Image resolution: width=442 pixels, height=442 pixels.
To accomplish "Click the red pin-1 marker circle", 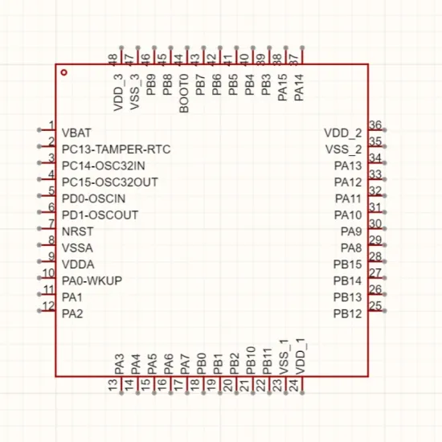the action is click(64, 72).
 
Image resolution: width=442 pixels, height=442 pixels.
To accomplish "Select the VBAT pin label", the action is click(76, 133).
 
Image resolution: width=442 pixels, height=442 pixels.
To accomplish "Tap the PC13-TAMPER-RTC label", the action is click(117, 149).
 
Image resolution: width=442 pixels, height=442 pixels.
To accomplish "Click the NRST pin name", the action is click(77, 231).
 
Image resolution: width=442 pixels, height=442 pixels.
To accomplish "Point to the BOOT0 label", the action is click(184, 93).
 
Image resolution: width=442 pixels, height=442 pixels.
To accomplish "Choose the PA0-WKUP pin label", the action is click(92, 280).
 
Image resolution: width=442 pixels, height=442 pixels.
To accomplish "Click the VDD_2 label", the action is click(343, 133).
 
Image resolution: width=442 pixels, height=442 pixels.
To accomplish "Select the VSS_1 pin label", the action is click(284, 357).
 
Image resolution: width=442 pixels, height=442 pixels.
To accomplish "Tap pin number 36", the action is click(375, 125).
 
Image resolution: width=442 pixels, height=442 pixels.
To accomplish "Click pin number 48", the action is click(113, 60).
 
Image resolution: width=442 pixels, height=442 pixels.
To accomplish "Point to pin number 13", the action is click(113, 385).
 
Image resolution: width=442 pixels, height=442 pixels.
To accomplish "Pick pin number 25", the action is click(375, 306).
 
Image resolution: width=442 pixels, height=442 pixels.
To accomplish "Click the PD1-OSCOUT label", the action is click(100, 215).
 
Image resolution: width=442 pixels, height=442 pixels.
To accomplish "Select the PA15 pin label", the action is click(282, 88).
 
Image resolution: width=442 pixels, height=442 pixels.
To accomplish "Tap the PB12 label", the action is click(347, 313).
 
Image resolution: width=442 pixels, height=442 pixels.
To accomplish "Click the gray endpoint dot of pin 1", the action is click(39, 129).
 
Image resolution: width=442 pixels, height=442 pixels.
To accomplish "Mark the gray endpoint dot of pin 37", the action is click(302, 47).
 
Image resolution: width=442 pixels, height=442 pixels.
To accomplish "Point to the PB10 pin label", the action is click(251, 361).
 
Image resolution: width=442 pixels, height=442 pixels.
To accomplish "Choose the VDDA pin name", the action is click(78, 264).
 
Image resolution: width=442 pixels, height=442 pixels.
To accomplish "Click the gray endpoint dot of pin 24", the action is click(302, 393).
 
